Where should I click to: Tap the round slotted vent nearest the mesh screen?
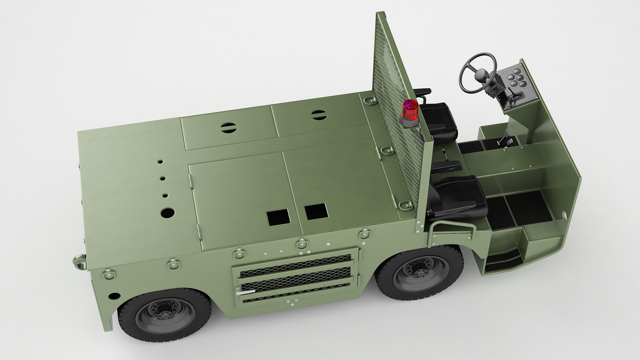tap(317, 115)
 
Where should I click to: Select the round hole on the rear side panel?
tap(114, 296)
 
